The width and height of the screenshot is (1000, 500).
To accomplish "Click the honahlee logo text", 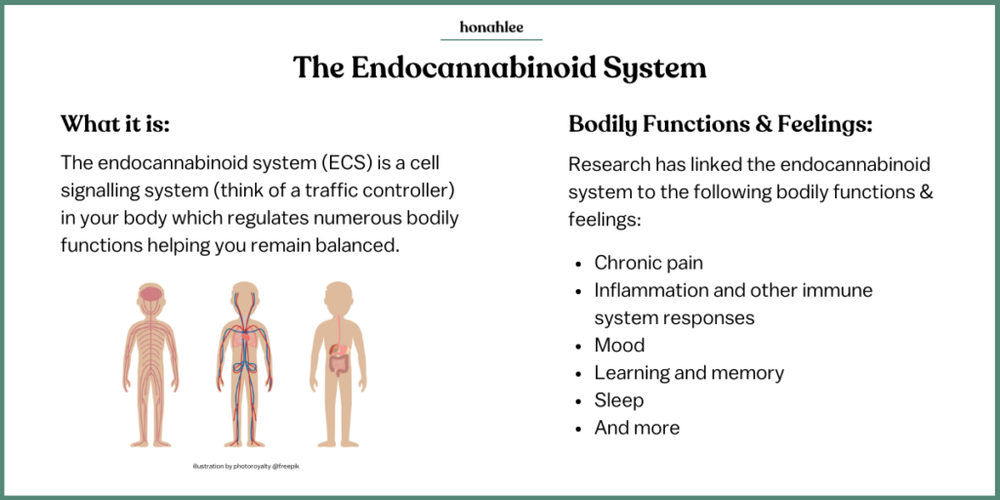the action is pos(491,26).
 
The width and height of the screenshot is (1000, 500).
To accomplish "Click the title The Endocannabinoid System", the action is pos(499,67).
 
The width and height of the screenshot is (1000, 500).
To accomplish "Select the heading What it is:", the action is pos(115,124).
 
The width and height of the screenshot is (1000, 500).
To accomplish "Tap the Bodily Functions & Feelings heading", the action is pos(720,124).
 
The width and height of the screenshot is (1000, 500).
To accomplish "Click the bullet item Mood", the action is pos(619,345).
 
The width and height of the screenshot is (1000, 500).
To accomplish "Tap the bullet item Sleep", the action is pos(618,399).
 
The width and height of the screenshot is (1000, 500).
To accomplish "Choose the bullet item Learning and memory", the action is pos(689,372).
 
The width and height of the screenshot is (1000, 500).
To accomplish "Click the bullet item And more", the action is pos(637,428).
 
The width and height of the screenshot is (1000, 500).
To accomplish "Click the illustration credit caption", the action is pos(246,466).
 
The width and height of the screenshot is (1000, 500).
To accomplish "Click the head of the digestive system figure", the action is pos(339,296).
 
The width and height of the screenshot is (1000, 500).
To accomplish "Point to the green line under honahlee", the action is pos(491,39).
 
